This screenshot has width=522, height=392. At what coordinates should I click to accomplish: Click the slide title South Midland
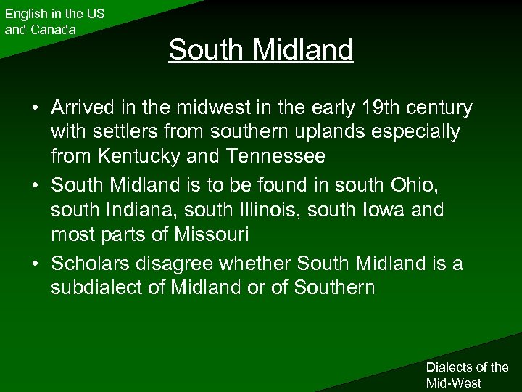261,50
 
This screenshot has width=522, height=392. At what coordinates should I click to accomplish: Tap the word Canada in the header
54,30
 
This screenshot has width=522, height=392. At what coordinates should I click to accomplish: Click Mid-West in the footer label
455,382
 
